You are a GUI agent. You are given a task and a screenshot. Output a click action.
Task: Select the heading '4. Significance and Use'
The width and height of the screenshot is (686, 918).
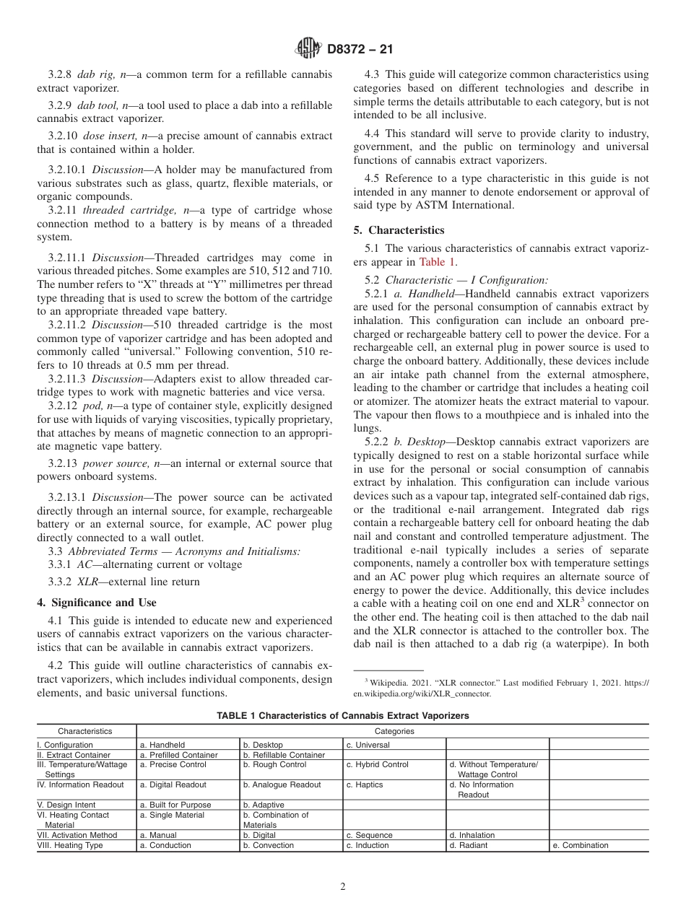tap(96, 603)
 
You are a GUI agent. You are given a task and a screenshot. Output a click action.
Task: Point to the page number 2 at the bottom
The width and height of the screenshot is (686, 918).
tap(343, 887)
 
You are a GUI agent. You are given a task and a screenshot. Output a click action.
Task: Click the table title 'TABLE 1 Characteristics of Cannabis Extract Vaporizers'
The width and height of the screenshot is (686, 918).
tap(343, 716)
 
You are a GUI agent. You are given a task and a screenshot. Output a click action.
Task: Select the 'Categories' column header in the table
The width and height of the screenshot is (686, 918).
tap(393, 731)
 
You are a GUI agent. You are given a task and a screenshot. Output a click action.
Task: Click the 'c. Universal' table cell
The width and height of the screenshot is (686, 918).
tap(368, 745)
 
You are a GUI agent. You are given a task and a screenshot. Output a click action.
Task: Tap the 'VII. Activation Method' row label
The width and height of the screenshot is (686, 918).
tap(72, 835)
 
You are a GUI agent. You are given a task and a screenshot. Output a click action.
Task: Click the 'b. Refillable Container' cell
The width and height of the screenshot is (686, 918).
tap(284, 755)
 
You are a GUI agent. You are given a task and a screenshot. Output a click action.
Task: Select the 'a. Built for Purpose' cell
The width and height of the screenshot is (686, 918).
tap(175, 805)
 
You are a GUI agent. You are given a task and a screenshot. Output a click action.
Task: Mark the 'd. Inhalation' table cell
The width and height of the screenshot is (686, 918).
tap(472, 835)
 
